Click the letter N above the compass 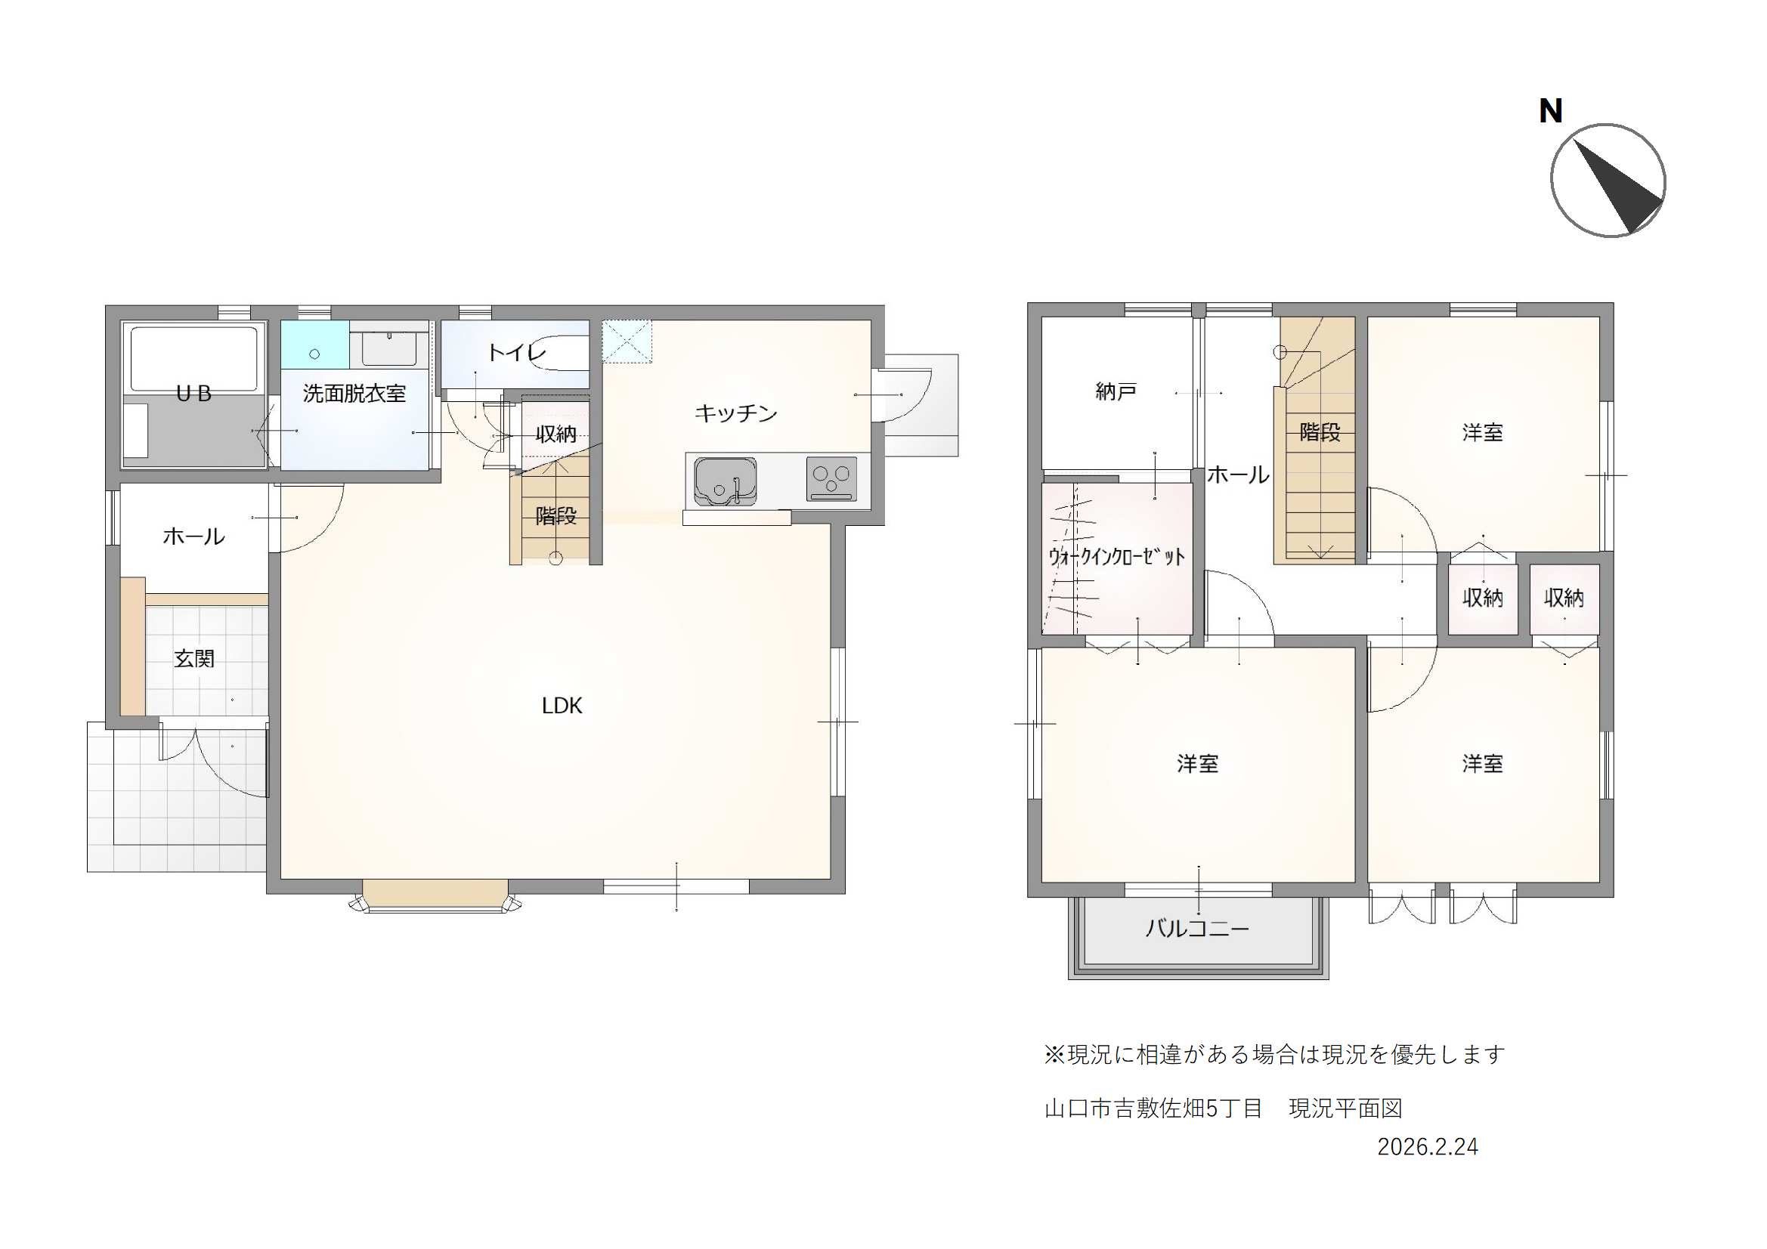click(x=1550, y=112)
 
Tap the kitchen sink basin click(x=725, y=481)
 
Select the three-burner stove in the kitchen click(x=831, y=478)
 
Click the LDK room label click(x=562, y=706)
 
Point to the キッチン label click(x=735, y=413)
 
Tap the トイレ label click(x=516, y=352)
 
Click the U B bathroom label click(x=193, y=394)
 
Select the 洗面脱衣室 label click(x=354, y=394)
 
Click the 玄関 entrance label click(x=194, y=659)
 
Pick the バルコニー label click(x=1196, y=928)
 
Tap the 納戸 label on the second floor click(x=1116, y=391)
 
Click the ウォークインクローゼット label click(x=1117, y=556)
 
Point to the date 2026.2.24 click(x=1428, y=1148)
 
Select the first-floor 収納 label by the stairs click(x=555, y=434)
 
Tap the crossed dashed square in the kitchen click(x=627, y=341)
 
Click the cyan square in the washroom click(x=314, y=345)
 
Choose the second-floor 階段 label click(x=1320, y=432)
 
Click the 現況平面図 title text click(x=1345, y=1108)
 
